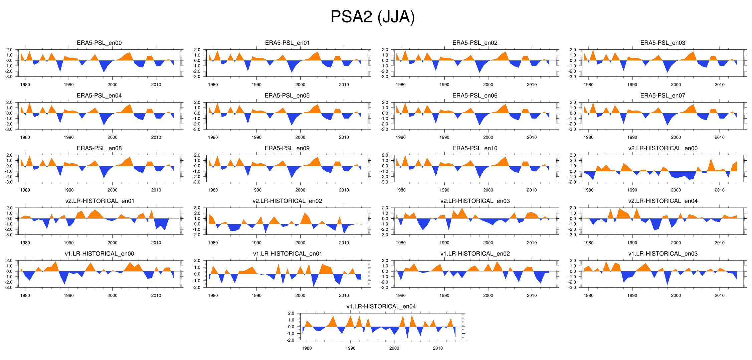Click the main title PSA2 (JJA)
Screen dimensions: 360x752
[x=372, y=17]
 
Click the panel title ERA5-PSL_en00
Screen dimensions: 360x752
[x=99, y=43]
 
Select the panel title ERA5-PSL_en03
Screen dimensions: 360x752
[x=663, y=43]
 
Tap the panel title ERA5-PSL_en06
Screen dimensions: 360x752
[x=475, y=96]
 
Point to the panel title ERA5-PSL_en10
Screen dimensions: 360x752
[x=475, y=148]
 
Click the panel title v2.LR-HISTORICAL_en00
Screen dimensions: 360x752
[x=663, y=148]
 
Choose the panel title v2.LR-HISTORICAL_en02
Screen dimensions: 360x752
[x=287, y=201]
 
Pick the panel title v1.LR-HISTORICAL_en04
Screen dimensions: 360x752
[x=381, y=307]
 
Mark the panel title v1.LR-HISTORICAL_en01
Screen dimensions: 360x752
[x=287, y=254]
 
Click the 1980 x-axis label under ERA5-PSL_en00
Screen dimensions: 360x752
[x=25, y=85]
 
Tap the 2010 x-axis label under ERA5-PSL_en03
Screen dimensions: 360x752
[x=719, y=85]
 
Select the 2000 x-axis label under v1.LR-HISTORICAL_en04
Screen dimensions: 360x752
[x=394, y=348]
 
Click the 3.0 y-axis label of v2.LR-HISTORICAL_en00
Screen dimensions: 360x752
[x=573, y=155]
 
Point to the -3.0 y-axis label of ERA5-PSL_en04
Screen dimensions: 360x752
[x=9, y=130]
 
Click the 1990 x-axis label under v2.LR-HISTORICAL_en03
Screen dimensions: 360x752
[x=444, y=243]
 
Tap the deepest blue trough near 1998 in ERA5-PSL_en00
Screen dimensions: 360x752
[x=104, y=71]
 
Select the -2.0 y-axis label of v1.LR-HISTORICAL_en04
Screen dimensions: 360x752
[x=291, y=340]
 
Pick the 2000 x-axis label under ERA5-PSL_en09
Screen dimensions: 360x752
[x=300, y=190]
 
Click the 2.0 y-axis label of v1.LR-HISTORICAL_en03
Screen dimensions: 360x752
[x=573, y=260]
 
